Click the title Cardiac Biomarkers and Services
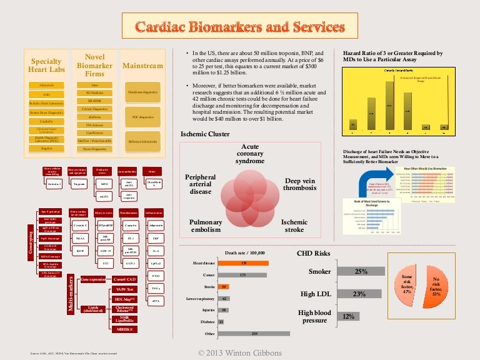(240, 27)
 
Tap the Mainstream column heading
(142, 66)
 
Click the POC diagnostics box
(143, 116)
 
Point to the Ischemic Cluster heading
(205, 134)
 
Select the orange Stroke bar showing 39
(224, 286)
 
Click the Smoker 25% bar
(361, 272)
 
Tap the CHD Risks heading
(316, 253)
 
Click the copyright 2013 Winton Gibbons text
(239, 353)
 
